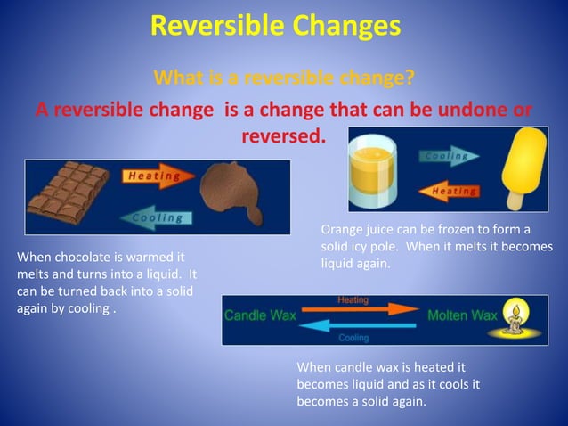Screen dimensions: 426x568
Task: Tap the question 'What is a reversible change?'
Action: (x=284, y=78)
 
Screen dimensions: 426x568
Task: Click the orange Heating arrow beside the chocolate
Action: (x=157, y=176)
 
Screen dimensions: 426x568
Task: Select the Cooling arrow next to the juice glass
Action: (x=449, y=156)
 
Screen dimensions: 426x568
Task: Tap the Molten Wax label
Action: (x=462, y=315)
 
